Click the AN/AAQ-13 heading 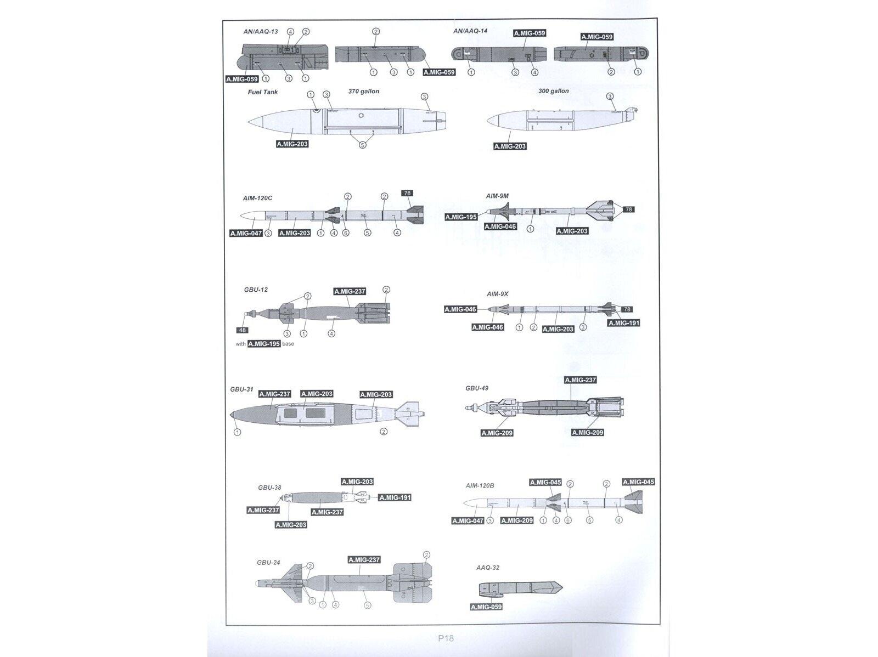pos(261,32)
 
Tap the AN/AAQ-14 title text pos(470,31)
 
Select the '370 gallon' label pos(363,91)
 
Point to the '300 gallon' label pos(553,91)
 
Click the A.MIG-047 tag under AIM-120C pos(246,233)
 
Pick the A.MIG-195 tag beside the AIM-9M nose pos(461,217)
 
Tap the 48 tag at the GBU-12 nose pos(243,330)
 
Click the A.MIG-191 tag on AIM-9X pos(624,323)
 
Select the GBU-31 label pos(241,389)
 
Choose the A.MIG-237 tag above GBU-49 pos(580,380)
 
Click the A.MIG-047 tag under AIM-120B pos(468,520)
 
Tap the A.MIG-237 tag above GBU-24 pos(364,560)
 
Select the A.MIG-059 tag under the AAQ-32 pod pos(486,607)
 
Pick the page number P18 pos(446,638)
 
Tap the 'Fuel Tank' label pos(263,92)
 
